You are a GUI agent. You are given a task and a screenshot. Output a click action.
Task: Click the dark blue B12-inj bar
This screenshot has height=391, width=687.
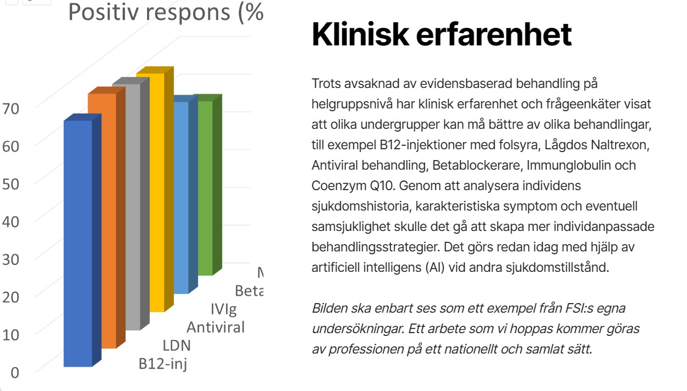tap(78, 244)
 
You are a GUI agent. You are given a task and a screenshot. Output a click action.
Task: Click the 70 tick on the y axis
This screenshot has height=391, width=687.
tap(11, 107)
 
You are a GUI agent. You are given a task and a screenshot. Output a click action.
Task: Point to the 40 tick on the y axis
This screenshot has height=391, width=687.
tap(11, 221)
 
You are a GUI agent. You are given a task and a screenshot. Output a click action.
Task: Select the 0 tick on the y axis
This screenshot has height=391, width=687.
tap(15, 372)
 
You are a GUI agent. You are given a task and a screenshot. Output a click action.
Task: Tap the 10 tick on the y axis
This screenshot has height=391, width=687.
tap(11, 334)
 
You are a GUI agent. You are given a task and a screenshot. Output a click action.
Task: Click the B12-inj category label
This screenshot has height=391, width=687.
tap(163, 363)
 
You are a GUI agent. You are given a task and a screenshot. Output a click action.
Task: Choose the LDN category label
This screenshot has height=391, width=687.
tap(177, 346)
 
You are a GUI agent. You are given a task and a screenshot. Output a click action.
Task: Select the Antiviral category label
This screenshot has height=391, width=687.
tap(216, 327)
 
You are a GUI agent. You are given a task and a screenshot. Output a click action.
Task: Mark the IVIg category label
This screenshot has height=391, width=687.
tap(223, 310)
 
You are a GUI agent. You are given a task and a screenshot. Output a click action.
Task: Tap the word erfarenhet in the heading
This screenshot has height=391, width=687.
tap(493, 35)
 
